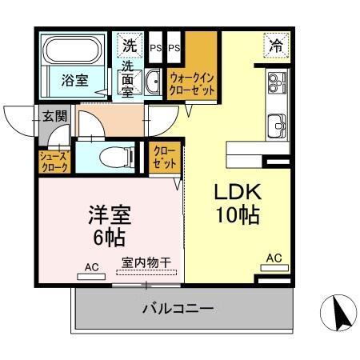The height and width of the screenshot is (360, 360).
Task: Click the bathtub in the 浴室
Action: (73, 51)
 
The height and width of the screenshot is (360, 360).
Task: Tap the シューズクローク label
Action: (54, 162)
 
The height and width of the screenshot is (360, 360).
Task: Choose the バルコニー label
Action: (178, 307)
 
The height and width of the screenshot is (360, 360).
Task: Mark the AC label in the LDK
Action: (274, 258)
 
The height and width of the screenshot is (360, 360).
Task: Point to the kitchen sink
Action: (278, 125)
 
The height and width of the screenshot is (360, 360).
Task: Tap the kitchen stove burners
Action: (277, 82)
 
